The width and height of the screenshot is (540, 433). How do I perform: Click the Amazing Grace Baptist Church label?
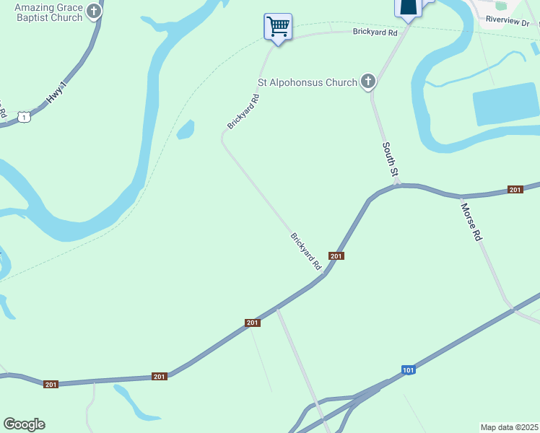pos(41,12)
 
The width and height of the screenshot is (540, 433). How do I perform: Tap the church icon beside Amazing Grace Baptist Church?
pos(94,12)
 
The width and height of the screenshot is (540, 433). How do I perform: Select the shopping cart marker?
pos(278,27)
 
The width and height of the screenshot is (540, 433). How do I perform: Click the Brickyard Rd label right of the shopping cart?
pos(375,32)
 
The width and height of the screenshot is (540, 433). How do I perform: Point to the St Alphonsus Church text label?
pos(308,82)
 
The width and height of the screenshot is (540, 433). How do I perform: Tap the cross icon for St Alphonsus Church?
pos(368,82)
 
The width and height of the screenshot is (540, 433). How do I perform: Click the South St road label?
pos(391,159)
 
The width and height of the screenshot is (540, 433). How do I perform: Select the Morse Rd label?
pos(471,221)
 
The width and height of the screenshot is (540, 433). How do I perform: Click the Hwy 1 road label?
pos(57,95)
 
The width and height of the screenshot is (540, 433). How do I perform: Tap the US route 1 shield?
pos(25,116)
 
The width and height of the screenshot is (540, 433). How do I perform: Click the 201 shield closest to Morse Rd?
pos(515,189)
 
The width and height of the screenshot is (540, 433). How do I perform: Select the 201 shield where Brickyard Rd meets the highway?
pos(336,256)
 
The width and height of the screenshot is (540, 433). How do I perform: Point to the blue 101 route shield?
pos(409,370)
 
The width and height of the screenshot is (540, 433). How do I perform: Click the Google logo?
pos(25,424)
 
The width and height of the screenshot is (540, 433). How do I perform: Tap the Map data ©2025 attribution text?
pos(509,427)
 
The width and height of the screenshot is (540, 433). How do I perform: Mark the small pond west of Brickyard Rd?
pos(186,130)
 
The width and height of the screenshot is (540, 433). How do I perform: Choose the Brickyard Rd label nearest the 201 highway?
pos(306,250)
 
